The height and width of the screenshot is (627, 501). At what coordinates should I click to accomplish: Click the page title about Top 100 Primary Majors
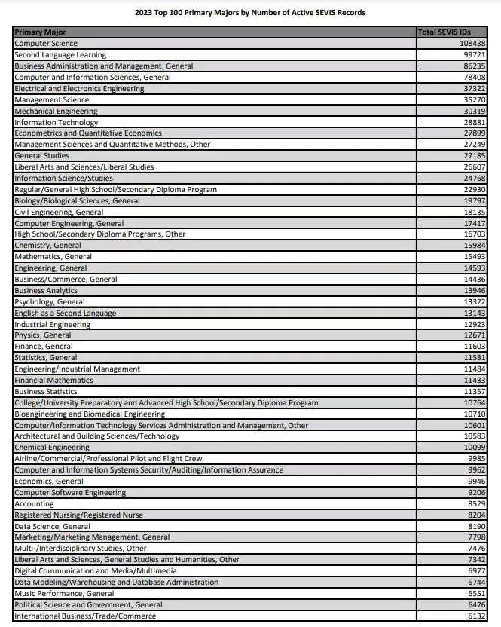tap(250, 13)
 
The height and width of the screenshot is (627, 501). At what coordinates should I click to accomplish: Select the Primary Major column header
tap(40, 32)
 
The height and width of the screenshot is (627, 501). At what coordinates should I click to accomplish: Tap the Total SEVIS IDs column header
tap(449, 32)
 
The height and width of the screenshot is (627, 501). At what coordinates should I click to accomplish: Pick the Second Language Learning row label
tap(60, 55)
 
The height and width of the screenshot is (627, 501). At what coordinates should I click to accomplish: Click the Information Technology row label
tap(56, 122)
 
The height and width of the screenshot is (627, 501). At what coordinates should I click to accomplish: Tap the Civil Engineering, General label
tap(59, 212)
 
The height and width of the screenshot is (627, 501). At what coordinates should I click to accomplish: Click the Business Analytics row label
tap(46, 290)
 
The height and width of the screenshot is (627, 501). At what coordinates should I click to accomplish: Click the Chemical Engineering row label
tap(52, 448)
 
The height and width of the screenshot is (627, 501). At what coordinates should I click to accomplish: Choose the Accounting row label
tap(34, 503)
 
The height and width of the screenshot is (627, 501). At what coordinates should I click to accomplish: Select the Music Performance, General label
tap(64, 593)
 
